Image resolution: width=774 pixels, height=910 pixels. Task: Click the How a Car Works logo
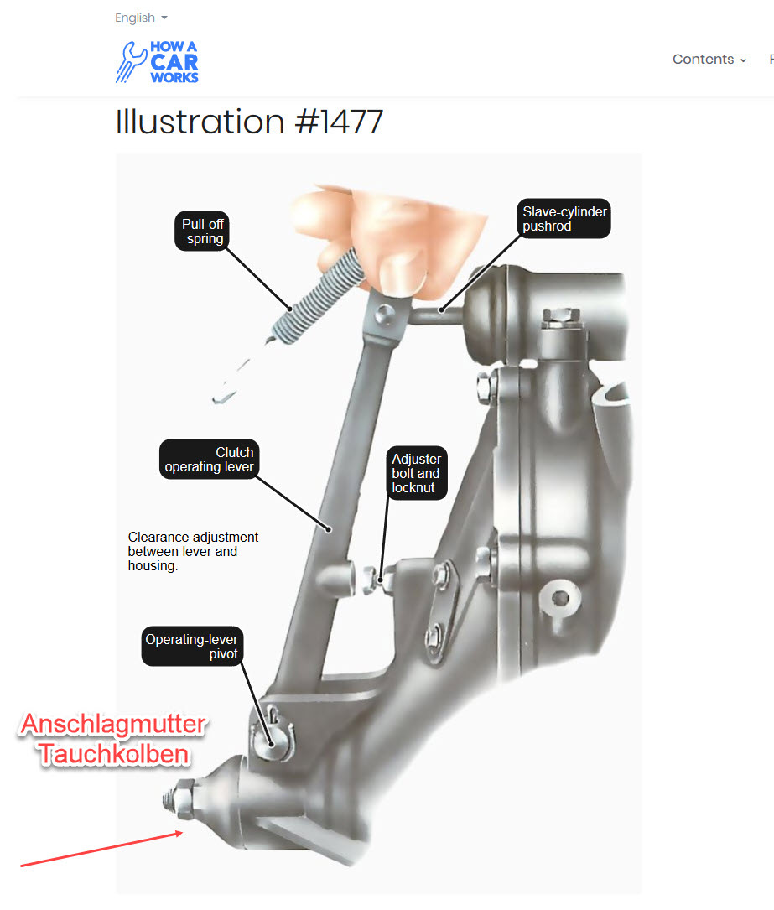[158, 61]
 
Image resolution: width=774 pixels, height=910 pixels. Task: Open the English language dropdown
[141, 18]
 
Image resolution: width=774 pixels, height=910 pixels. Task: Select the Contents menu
[709, 60]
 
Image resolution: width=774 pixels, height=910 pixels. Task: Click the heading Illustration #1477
[249, 122]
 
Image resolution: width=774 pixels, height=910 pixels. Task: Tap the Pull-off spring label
[202, 231]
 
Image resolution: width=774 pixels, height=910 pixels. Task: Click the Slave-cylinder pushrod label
[564, 219]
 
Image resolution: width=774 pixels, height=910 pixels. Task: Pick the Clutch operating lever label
[210, 459]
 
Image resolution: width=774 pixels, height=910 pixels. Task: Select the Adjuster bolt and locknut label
[417, 473]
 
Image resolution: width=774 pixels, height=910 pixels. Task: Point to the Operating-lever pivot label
[192, 646]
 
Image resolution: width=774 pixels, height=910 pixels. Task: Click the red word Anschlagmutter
[113, 725]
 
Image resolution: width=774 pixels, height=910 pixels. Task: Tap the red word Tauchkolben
[114, 754]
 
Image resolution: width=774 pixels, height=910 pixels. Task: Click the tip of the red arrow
[183, 832]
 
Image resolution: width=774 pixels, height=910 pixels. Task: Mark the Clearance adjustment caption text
[193, 551]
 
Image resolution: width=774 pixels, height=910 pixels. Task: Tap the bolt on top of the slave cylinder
[560, 319]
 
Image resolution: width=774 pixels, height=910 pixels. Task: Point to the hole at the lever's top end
[383, 315]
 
